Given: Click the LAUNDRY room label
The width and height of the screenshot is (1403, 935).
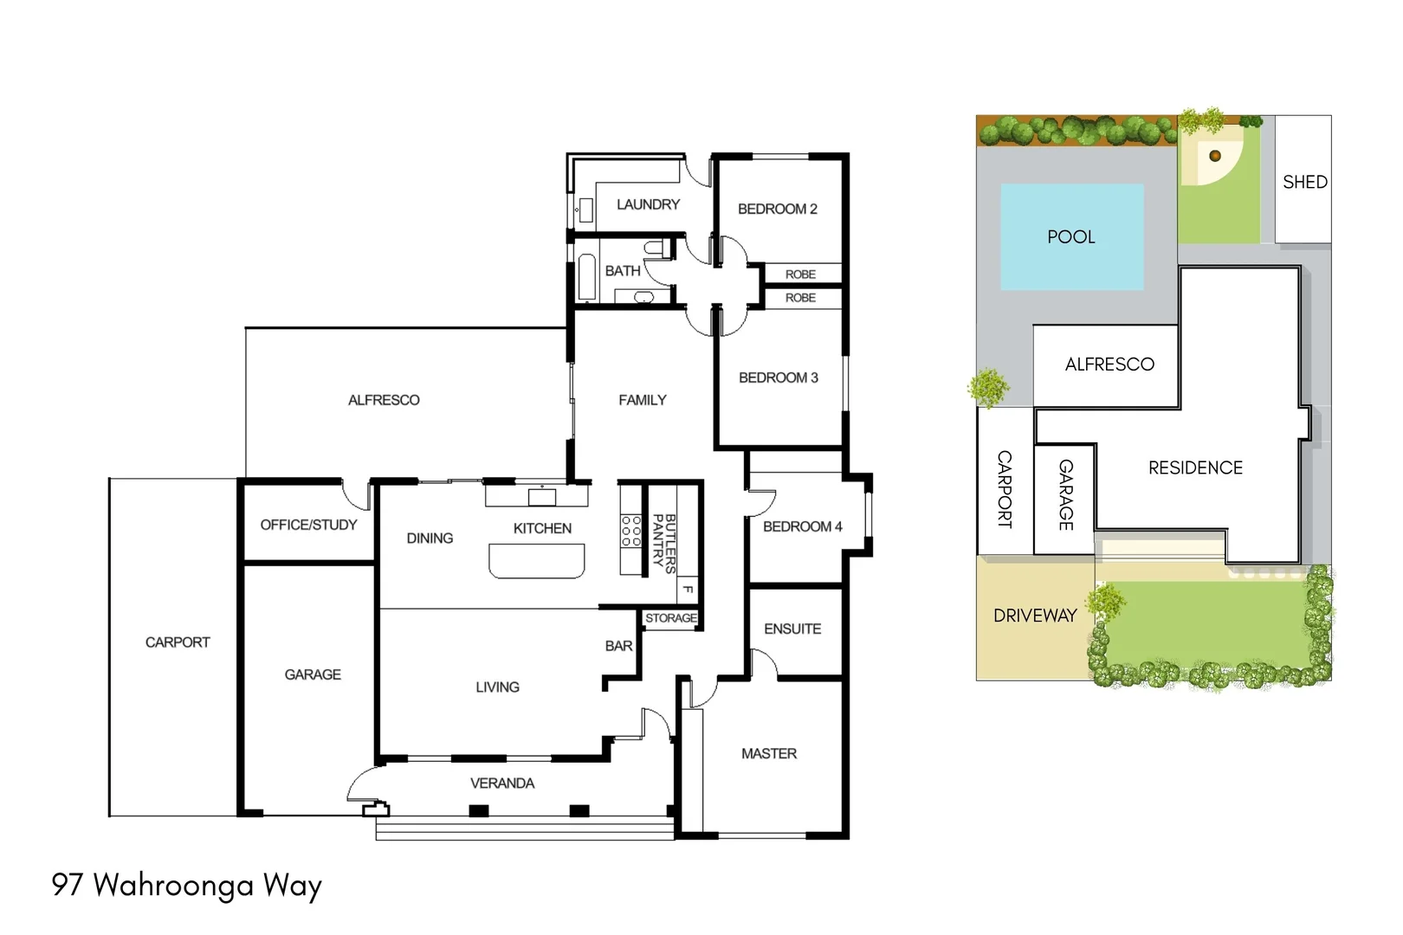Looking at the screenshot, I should pyautogui.click(x=648, y=204).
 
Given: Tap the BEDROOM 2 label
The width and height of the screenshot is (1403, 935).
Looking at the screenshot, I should pyautogui.click(x=777, y=209).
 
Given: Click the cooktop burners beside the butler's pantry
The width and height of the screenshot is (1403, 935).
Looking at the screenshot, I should pyautogui.click(x=630, y=531).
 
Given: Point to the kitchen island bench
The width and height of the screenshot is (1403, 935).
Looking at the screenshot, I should pyautogui.click(x=537, y=560).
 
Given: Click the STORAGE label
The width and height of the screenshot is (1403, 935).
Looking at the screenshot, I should pyautogui.click(x=670, y=618).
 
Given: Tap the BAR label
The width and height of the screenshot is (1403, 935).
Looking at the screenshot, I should pyautogui.click(x=618, y=646).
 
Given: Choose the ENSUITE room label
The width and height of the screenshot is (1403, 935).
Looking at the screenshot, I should pyautogui.click(x=792, y=629).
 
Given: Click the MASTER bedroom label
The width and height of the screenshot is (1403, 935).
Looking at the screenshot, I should pyautogui.click(x=768, y=753).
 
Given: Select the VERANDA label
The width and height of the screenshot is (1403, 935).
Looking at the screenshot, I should pyautogui.click(x=502, y=783).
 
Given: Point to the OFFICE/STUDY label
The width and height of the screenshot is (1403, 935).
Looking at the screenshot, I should pyautogui.click(x=308, y=525).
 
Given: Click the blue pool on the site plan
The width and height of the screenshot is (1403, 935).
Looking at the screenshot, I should pyautogui.click(x=1071, y=236).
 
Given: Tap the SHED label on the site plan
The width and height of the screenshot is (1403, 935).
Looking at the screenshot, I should pyautogui.click(x=1304, y=182).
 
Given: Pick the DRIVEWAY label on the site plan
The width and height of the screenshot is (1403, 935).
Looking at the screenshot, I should pyautogui.click(x=1035, y=616).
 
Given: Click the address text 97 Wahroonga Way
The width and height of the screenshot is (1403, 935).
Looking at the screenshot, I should pyautogui.click(x=187, y=885).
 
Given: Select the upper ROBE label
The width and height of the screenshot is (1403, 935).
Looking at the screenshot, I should pyautogui.click(x=800, y=274).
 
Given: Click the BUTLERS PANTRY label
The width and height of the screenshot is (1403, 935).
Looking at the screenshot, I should pyautogui.click(x=664, y=540).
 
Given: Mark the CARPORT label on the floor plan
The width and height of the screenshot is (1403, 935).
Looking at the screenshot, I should pyautogui.click(x=178, y=642).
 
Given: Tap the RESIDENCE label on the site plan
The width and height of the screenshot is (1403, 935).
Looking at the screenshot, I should pyautogui.click(x=1195, y=467).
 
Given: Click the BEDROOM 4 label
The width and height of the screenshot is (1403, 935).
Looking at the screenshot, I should pyautogui.click(x=802, y=526).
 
